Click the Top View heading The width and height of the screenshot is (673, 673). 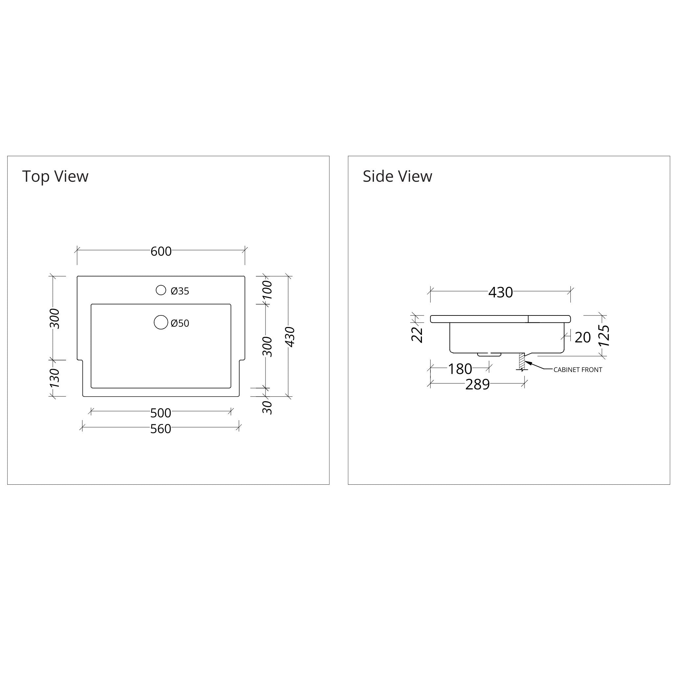tap(55, 176)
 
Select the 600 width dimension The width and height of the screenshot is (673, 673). tap(161, 251)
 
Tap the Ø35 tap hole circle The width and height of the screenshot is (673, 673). tap(161, 290)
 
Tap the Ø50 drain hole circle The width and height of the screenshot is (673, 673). tap(161, 322)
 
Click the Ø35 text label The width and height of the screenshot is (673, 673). tap(180, 291)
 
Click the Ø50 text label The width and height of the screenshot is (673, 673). tap(180, 323)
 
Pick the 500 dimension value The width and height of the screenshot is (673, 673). tap(161, 413)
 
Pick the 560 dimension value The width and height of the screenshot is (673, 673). tap(161, 429)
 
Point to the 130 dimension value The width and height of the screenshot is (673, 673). tap(55, 378)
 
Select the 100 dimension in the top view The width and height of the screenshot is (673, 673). tap(267, 290)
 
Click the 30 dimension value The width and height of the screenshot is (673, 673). tap(267, 407)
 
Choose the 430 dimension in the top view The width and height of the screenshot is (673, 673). tap(290, 337)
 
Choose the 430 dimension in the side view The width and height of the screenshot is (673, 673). tap(500, 292)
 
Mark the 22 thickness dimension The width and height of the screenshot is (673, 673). tap(417, 335)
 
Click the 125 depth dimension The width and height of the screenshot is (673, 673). tap(604, 336)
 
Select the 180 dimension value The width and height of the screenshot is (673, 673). tap(460, 369)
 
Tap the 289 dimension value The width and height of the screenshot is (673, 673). tap(477, 384)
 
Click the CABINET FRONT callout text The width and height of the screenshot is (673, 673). tap(578, 370)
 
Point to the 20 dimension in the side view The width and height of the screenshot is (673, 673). tap(582, 337)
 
